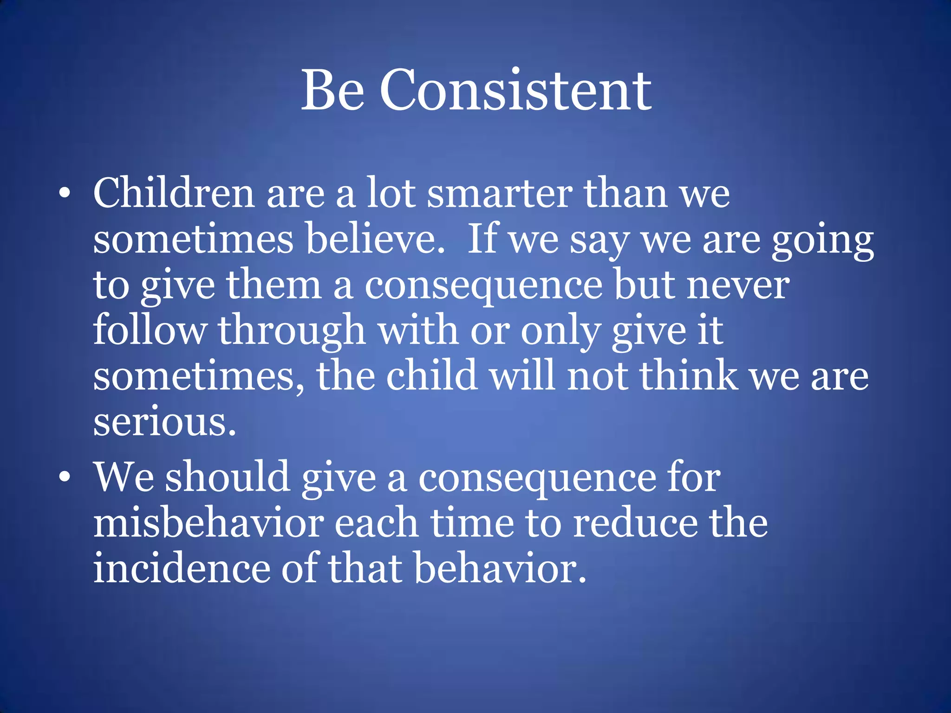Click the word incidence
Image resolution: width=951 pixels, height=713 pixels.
point(182,568)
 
